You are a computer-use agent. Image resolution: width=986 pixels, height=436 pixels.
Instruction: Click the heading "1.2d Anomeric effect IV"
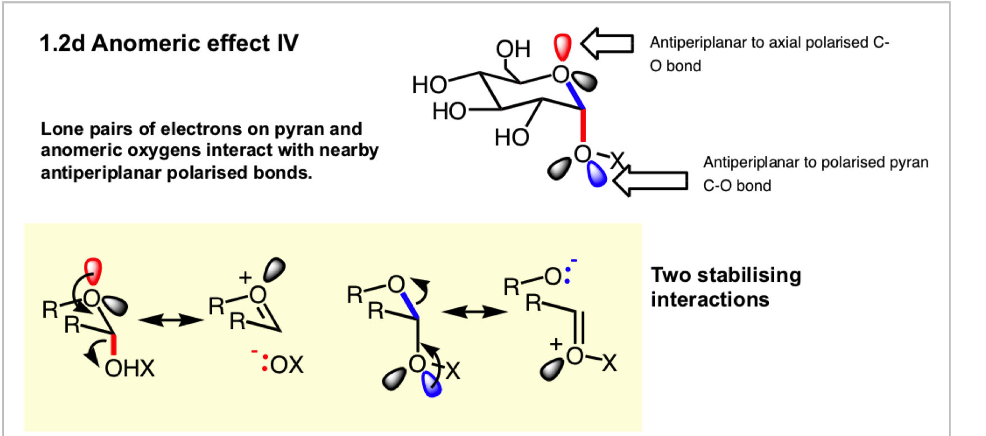169,43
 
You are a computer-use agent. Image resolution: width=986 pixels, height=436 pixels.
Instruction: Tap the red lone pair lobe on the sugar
563,47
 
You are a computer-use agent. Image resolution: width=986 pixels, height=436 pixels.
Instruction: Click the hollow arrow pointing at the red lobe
607,43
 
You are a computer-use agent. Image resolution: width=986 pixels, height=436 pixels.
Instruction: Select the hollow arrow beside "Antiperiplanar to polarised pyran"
651,180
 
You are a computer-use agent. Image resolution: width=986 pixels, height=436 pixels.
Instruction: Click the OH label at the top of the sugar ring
513,49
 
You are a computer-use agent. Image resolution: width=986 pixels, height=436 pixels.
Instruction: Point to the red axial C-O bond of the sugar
583,125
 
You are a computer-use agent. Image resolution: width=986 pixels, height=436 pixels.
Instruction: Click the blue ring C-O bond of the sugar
575,96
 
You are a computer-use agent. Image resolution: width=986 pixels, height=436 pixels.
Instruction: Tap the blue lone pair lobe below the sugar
597,174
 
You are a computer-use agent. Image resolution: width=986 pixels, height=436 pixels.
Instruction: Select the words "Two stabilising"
726,275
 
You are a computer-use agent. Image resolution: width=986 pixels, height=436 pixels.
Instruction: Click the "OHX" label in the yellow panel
130,368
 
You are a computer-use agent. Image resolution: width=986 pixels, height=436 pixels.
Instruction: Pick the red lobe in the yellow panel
93,271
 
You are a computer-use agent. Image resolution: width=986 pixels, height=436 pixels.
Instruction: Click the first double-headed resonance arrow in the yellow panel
171,320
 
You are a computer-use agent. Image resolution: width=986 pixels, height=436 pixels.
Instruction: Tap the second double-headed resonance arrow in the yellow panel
474,312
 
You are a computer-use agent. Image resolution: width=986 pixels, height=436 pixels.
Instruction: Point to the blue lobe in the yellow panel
431,384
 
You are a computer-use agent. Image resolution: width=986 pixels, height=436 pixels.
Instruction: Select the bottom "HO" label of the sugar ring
512,137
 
